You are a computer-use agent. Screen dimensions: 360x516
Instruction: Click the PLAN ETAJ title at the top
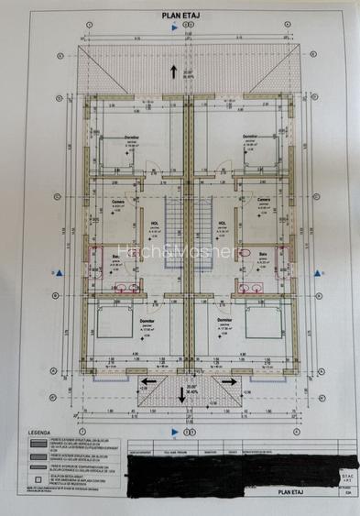(x=180, y=16)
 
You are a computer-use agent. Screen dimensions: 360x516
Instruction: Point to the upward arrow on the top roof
(x=174, y=71)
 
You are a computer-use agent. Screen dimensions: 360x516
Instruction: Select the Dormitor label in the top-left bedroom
(x=132, y=137)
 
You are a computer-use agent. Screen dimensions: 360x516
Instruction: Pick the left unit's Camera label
(x=118, y=201)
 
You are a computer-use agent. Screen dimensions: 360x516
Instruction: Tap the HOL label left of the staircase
(x=153, y=223)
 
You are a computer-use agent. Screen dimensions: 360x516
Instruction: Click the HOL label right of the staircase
(x=222, y=223)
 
